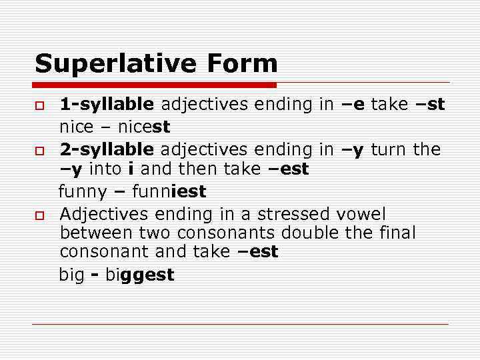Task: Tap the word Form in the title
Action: point(242,64)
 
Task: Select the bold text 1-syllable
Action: point(107,105)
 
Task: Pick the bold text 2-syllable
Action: point(107,149)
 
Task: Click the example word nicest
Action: point(144,127)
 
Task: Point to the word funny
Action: point(83,192)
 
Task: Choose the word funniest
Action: point(169,192)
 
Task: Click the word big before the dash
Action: point(71,275)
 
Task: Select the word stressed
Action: point(294,215)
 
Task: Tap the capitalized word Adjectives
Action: point(104,215)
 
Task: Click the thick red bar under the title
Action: point(155,85)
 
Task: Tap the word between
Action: point(96,233)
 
